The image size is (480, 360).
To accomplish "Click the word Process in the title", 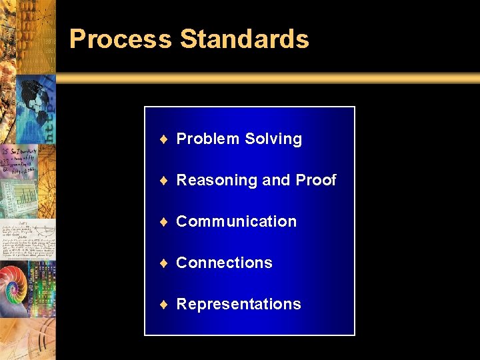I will (x=120, y=39).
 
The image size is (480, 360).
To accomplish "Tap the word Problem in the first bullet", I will (x=207, y=139).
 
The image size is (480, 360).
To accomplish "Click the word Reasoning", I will (x=216, y=181).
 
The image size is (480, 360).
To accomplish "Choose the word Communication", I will (x=236, y=222).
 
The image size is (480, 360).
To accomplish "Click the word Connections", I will (x=224, y=263).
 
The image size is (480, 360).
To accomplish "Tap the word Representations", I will (x=239, y=305).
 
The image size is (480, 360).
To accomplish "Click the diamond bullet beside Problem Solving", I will (x=163, y=139).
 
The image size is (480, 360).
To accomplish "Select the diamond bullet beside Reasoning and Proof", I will (x=163, y=181).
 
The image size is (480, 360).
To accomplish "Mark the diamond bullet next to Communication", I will (x=163, y=222).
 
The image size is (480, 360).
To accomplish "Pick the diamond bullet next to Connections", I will (x=163, y=263).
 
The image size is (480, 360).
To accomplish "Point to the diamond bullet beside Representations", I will (x=163, y=305).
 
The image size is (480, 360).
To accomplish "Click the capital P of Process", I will (x=77, y=39).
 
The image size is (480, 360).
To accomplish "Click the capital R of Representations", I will (x=182, y=305).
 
